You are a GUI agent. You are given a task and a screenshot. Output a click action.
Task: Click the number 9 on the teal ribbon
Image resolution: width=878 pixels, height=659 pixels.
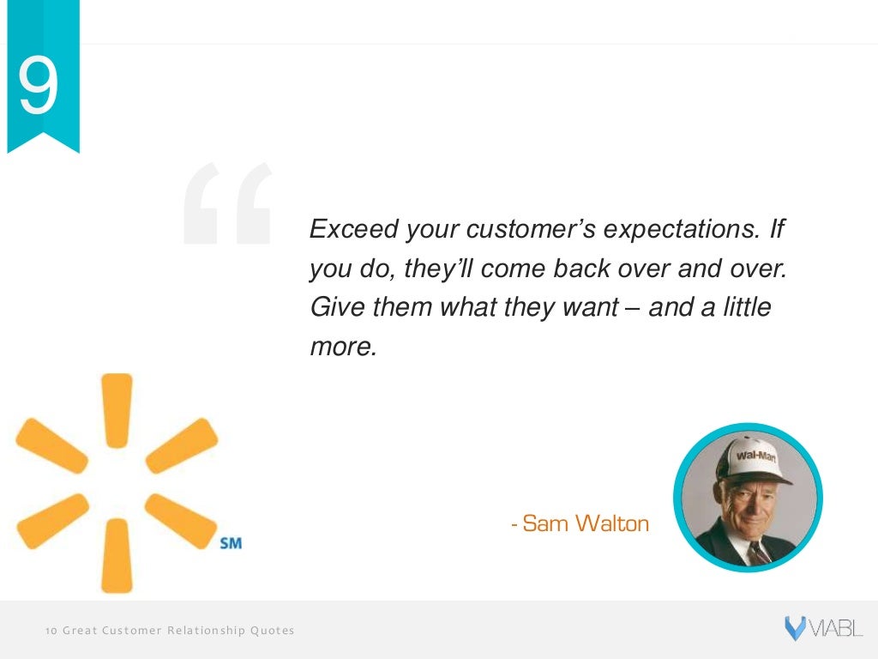(39, 88)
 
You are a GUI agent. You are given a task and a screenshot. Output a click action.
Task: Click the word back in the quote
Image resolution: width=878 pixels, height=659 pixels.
(589, 269)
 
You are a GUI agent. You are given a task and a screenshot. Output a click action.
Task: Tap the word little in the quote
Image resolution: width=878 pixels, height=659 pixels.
(743, 307)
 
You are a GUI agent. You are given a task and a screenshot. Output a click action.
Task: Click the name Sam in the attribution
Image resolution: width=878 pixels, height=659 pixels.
(540, 523)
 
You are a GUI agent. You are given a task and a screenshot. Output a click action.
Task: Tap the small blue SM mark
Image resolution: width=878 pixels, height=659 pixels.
(231, 544)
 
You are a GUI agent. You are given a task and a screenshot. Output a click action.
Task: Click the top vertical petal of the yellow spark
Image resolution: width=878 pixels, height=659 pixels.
(117, 409)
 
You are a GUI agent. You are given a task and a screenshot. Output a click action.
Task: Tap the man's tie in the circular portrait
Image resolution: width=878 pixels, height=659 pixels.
(758, 551)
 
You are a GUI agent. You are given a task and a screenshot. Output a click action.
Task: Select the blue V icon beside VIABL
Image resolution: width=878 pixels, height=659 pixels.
(794, 629)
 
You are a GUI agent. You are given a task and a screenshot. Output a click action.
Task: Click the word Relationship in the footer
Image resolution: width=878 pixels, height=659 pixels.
(206, 631)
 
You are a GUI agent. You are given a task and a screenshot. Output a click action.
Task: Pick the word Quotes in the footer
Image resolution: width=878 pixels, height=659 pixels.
(272, 631)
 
